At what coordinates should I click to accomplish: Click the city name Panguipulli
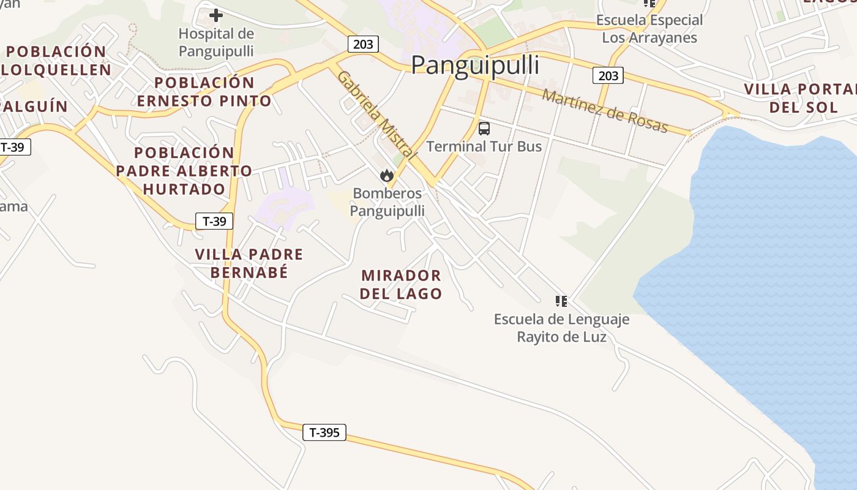475,65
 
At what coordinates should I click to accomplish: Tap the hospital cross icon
216,15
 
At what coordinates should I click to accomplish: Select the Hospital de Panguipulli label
216,42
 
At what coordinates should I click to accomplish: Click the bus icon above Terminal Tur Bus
484,129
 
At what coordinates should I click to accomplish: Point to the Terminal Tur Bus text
484,146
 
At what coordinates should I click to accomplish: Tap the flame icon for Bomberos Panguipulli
386,176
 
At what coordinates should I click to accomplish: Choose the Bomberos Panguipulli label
387,203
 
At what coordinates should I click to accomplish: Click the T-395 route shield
324,432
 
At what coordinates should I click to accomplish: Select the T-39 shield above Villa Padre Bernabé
214,221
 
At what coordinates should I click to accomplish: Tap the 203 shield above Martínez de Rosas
608,75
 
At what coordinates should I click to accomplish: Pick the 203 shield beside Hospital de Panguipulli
363,43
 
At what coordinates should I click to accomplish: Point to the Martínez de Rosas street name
604,111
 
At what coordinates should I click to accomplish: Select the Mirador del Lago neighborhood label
401,284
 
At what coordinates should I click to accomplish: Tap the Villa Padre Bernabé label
249,263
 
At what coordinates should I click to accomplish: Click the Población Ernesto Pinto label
204,91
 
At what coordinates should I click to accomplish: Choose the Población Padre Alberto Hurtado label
184,171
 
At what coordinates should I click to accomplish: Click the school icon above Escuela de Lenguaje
561,301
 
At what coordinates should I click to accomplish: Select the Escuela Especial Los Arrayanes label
649,29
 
